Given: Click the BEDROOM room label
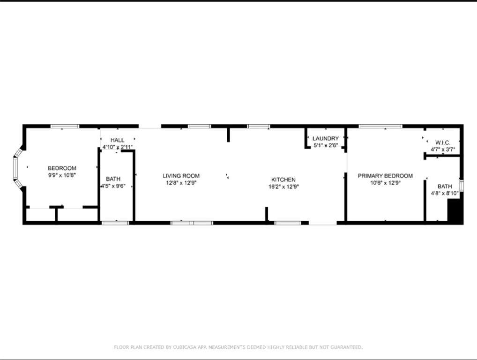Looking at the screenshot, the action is pyautogui.click(x=62, y=168).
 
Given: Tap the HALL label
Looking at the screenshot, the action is pyautogui.click(x=118, y=140).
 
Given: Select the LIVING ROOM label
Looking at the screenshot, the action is pyautogui.click(x=181, y=176).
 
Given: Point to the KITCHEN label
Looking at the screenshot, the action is pyautogui.click(x=283, y=180).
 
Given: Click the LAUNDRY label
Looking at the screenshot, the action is pyautogui.click(x=326, y=138).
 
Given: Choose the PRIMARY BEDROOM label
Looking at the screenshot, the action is pyautogui.click(x=385, y=176).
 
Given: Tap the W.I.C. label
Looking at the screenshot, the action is pyautogui.click(x=443, y=142).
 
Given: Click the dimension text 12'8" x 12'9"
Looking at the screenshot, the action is pyautogui.click(x=181, y=183).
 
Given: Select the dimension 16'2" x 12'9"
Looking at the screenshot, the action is pyautogui.click(x=283, y=187).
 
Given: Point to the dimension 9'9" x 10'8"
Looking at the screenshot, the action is pyautogui.click(x=62, y=175).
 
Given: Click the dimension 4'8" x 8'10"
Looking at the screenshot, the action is pyautogui.click(x=445, y=193).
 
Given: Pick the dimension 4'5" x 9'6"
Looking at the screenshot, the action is pyautogui.click(x=113, y=186).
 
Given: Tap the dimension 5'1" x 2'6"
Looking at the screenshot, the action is pyautogui.click(x=326, y=145).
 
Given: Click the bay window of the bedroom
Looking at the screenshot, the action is pyautogui.click(x=15, y=168).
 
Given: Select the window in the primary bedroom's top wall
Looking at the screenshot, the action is pyautogui.click(x=380, y=126).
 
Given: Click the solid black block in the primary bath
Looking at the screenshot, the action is pyautogui.click(x=455, y=210).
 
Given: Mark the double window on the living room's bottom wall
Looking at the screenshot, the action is pyautogui.click(x=192, y=223).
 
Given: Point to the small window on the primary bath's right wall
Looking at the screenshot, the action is pyautogui.click(x=462, y=186).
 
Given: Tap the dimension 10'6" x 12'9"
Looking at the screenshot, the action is pyautogui.click(x=385, y=183).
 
